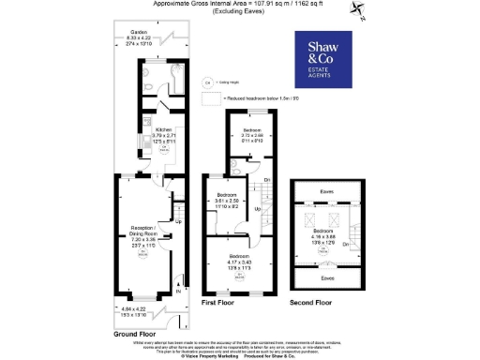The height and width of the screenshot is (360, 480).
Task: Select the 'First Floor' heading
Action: pyautogui.click(x=221, y=303)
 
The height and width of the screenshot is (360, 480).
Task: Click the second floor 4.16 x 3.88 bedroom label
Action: pyautogui.click(x=323, y=234)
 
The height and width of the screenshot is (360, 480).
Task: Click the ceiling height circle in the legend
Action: pyautogui.click(x=207, y=82)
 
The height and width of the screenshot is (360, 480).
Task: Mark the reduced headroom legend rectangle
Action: pyautogui.click(x=214, y=97)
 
